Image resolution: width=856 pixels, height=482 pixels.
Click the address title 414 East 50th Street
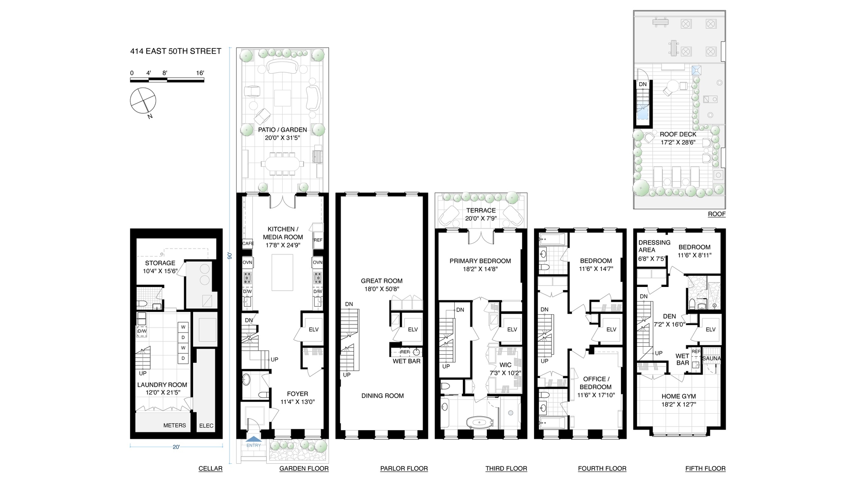point(176,51)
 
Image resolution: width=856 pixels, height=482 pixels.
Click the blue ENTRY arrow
point(254,440)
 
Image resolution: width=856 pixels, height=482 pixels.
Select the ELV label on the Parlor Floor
point(413,329)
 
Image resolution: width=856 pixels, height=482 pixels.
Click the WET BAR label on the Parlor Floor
point(406,361)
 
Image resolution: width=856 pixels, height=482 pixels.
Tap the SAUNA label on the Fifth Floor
point(711,358)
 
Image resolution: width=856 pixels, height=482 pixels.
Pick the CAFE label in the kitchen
point(248,244)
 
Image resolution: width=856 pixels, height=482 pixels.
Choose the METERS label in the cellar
point(174,425)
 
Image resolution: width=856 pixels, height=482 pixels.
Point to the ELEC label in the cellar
point(206,426)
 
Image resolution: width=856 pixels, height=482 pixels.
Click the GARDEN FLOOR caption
point(304,469)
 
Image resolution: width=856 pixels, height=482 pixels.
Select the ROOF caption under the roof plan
point(716,214)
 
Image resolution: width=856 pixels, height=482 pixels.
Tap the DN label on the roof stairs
point(642,84)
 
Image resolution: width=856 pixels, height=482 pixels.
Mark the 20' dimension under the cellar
point(176,447)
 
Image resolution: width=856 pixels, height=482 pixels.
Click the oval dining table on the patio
point(282,164)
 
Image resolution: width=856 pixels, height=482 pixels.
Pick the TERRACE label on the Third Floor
point(481,211)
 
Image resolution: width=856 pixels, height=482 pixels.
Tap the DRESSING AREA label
point(654,246)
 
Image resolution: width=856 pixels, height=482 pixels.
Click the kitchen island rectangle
point(282,272)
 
